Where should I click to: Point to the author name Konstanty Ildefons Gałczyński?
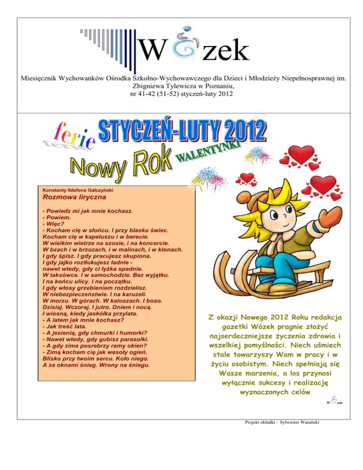click(x=78, y=189)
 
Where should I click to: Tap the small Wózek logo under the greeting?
click(x=334, y=401)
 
